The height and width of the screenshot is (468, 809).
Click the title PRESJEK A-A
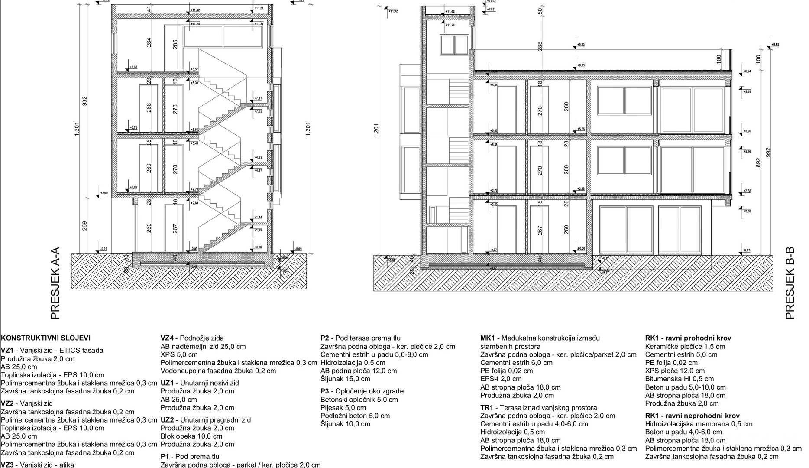click(x=55, y=283)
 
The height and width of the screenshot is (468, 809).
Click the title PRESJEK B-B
click(x=790, y=283)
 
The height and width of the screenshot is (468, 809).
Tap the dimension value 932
click(x=85, y=101)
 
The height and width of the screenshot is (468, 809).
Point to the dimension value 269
click(x=85, y=226)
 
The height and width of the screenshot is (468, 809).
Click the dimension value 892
click(x=758, y=163)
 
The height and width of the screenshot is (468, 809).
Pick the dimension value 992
click(x=768, y=153)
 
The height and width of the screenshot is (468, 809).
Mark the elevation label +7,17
click(x=258, y=99)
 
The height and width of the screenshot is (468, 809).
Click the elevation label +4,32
click(x=258, y=158)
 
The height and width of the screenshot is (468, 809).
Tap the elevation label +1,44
click(x=258, y=218)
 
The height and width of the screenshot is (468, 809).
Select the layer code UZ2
click(x=167, y=420)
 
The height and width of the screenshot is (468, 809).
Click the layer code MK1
click(x=487, y=338)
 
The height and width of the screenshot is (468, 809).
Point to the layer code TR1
click(x=487, y=408)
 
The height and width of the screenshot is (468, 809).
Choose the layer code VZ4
click(x=167, y=338)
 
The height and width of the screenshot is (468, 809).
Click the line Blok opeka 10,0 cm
click(x=191, y=436)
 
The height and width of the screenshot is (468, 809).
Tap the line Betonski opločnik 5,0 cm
click(x=359, y=400)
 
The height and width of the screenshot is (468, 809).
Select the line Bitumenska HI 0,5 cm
click(x=679, y=379)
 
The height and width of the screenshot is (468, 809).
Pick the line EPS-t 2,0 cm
click(x=501, y=379)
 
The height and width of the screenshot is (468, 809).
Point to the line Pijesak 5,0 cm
click(x=343, y=408)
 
